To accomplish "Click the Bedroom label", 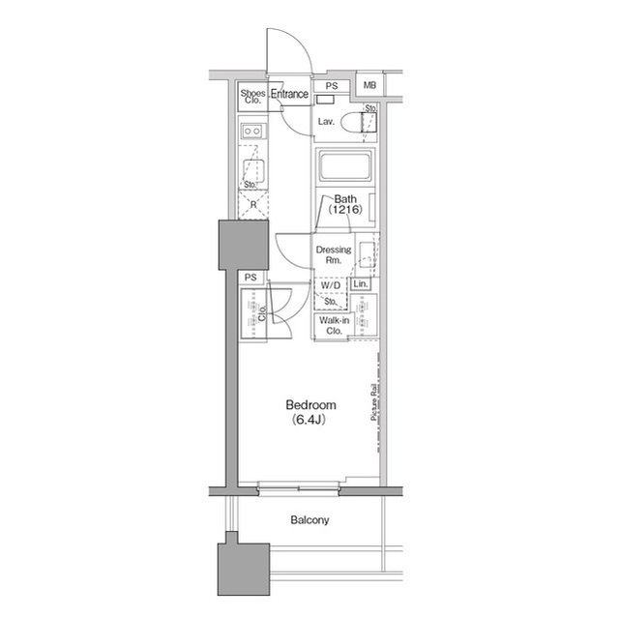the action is (x=311, y=405).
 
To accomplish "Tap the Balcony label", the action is (x=309, y=520).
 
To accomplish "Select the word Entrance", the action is (x=289, y=94).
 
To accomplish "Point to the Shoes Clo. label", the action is (x=252, y=97).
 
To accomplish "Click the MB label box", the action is (x=369, y=85).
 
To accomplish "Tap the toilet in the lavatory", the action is (x=359, y=122).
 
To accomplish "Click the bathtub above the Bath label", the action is (x=344, y=166).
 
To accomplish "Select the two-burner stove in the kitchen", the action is (x=252, y=131).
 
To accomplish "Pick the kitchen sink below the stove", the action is (x=253, y=169).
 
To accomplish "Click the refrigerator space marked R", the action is (x=253, y=204).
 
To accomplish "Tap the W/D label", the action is (x=330, y=285).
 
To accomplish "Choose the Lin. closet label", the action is (x=360, y=283).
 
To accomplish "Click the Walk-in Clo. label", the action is (x=334, y=326).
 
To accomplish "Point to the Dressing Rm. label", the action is (x=334, y=255).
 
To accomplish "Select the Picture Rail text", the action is (x=374, y=401).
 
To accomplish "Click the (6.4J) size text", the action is (x=309, y=420).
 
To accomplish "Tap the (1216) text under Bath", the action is (x=345, y=210).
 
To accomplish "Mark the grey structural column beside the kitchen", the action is (x=244, y=245).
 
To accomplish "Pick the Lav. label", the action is (x=326, y=122).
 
